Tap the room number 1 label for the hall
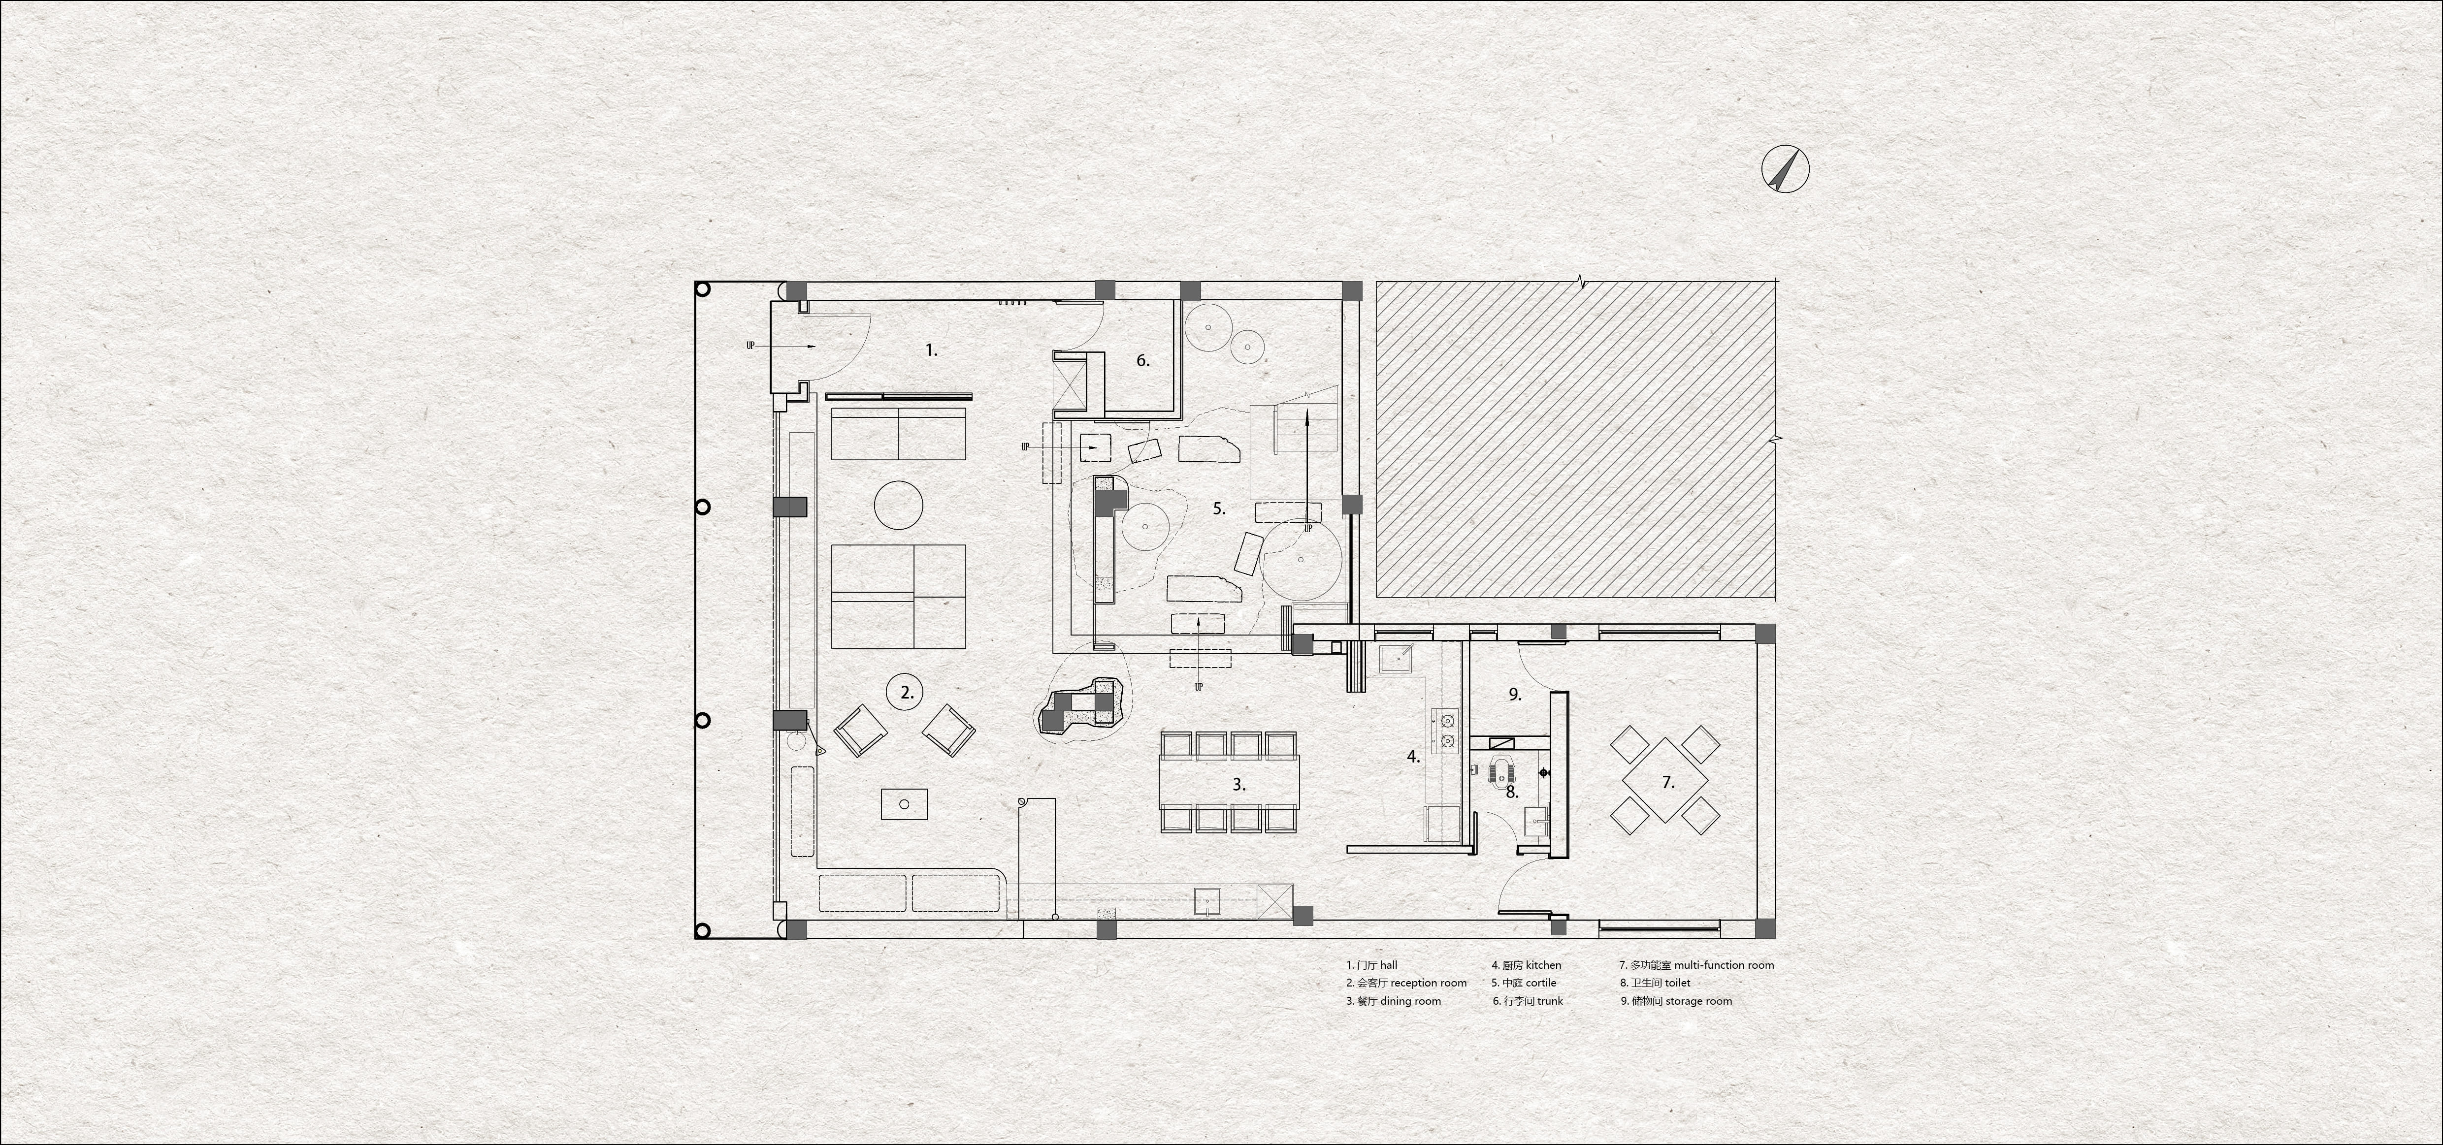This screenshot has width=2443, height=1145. pyautogui.click(x=931, y=350)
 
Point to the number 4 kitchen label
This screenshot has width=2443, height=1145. pyautogui.click(x=1413, y=757)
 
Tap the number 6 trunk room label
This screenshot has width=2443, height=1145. pyautogui.click(x=1143, y=360)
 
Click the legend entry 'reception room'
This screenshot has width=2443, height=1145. pyautogui.click(x=1428, y=983)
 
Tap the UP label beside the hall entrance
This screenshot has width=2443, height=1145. pyautogui.click(x=750, y=346)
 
